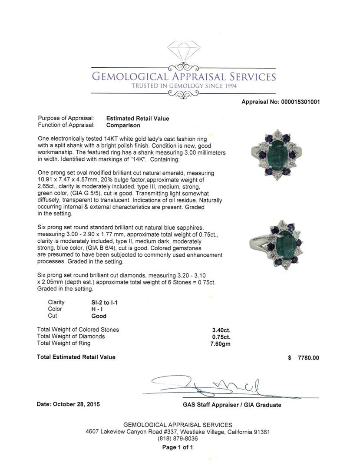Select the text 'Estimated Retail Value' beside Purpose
138,118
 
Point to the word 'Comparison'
123,125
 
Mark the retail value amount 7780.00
308,358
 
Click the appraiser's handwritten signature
226,386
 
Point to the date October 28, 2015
68,404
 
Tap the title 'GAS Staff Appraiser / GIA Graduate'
232,405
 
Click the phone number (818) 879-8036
178,439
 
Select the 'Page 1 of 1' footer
178,447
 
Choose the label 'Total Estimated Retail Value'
76,357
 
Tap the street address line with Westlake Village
178,432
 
